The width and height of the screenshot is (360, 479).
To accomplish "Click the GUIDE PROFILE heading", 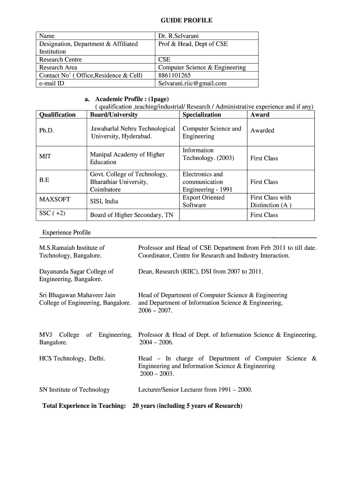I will [x=187, y=20].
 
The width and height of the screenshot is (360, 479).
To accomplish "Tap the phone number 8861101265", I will [x=174, y=75].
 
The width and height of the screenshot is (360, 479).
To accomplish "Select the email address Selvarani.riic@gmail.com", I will [x=192, y=83].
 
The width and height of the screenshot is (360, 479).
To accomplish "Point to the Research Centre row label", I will [x=60, y=59].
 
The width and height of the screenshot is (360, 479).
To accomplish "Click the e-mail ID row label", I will [x=51, y=83].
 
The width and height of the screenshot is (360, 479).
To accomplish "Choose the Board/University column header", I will [x=114, y=115].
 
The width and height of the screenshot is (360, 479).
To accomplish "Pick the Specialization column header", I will [x=202, y=115].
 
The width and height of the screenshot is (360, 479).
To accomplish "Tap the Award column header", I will [x=259, y=115].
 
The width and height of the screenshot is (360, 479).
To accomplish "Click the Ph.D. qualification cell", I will [x=47, y=131].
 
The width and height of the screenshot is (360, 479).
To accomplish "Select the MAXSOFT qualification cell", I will [x=55, y=199].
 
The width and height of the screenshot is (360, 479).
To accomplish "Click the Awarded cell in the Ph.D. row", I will [x=262, y=131].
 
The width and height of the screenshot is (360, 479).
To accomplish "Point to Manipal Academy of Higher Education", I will [x=127, y=158].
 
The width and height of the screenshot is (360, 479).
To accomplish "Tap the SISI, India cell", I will [x=104, y=202].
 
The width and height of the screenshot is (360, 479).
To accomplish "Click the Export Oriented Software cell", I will [x=203, y=201].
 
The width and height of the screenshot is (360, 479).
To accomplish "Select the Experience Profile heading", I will [x=66, y=232].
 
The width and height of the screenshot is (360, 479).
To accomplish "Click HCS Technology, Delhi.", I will [x=72, y=358].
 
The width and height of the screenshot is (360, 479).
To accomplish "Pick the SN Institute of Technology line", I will [x=74, y=390].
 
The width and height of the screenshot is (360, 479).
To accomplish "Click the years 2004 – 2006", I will [x=156, y=342].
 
